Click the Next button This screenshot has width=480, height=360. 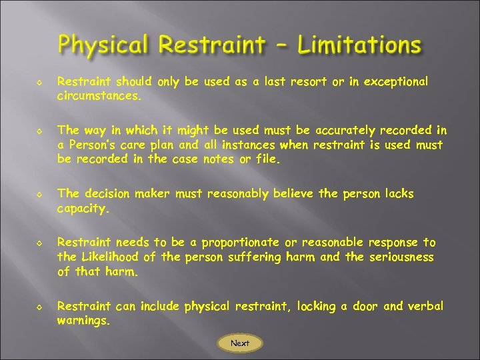tap(240, 343)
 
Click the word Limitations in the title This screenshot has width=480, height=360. tap(359, 45)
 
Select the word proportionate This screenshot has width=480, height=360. tap(241, 243)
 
